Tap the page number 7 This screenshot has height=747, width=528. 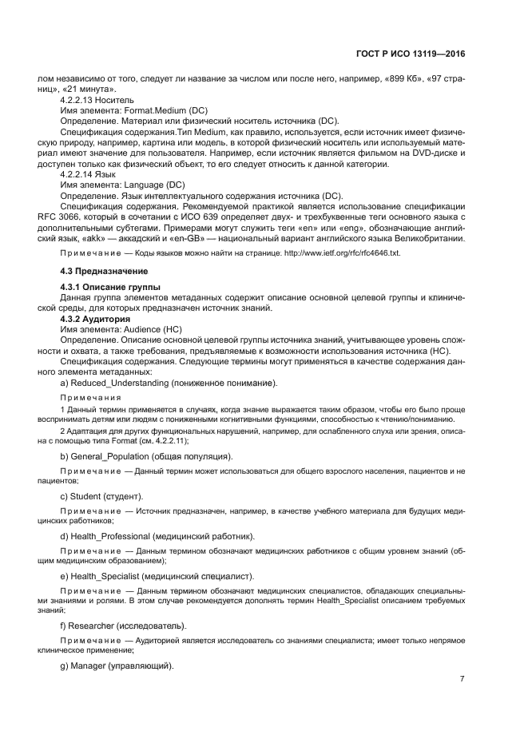[x=462, y=679]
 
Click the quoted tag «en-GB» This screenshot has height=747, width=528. [x=193, y=237]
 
